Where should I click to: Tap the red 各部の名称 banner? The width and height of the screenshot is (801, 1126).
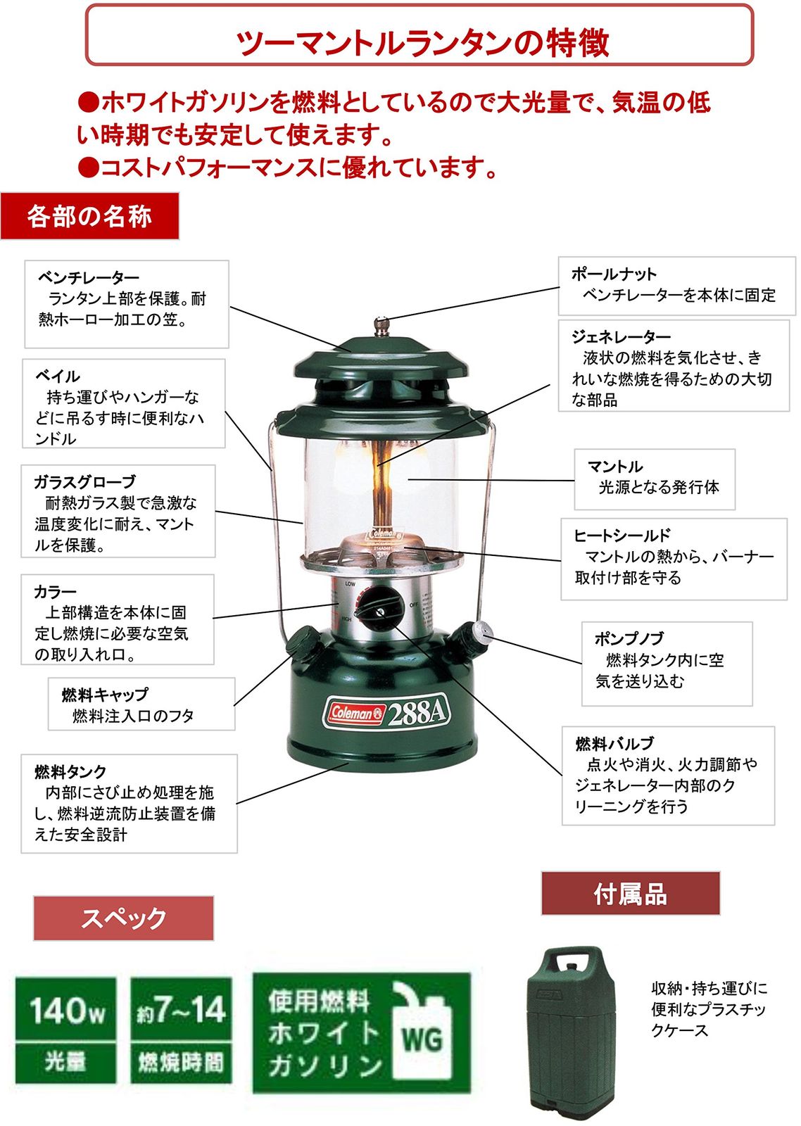[x=89, y=216]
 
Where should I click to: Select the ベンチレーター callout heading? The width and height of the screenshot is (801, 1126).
[x=89, y=277]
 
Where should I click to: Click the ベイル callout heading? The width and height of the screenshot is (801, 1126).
[x=57, y=376]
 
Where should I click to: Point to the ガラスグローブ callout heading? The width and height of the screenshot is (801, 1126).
[x=85, y=481]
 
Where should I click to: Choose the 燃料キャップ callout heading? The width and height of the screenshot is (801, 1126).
[x=105, y=694]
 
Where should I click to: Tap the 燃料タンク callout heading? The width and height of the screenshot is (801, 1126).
[x=70, y=771]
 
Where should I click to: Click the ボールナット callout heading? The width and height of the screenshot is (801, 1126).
[x=614, y=274]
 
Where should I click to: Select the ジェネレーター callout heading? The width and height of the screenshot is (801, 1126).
[x=621, y=336]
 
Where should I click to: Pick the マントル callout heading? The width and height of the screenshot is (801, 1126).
[x=615, y=466]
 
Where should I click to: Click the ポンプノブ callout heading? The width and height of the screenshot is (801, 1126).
[x=629, y=638]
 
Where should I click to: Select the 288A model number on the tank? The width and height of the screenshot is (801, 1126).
[x=417, y=711]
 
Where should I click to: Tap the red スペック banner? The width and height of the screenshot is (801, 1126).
[x=123, y=918]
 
